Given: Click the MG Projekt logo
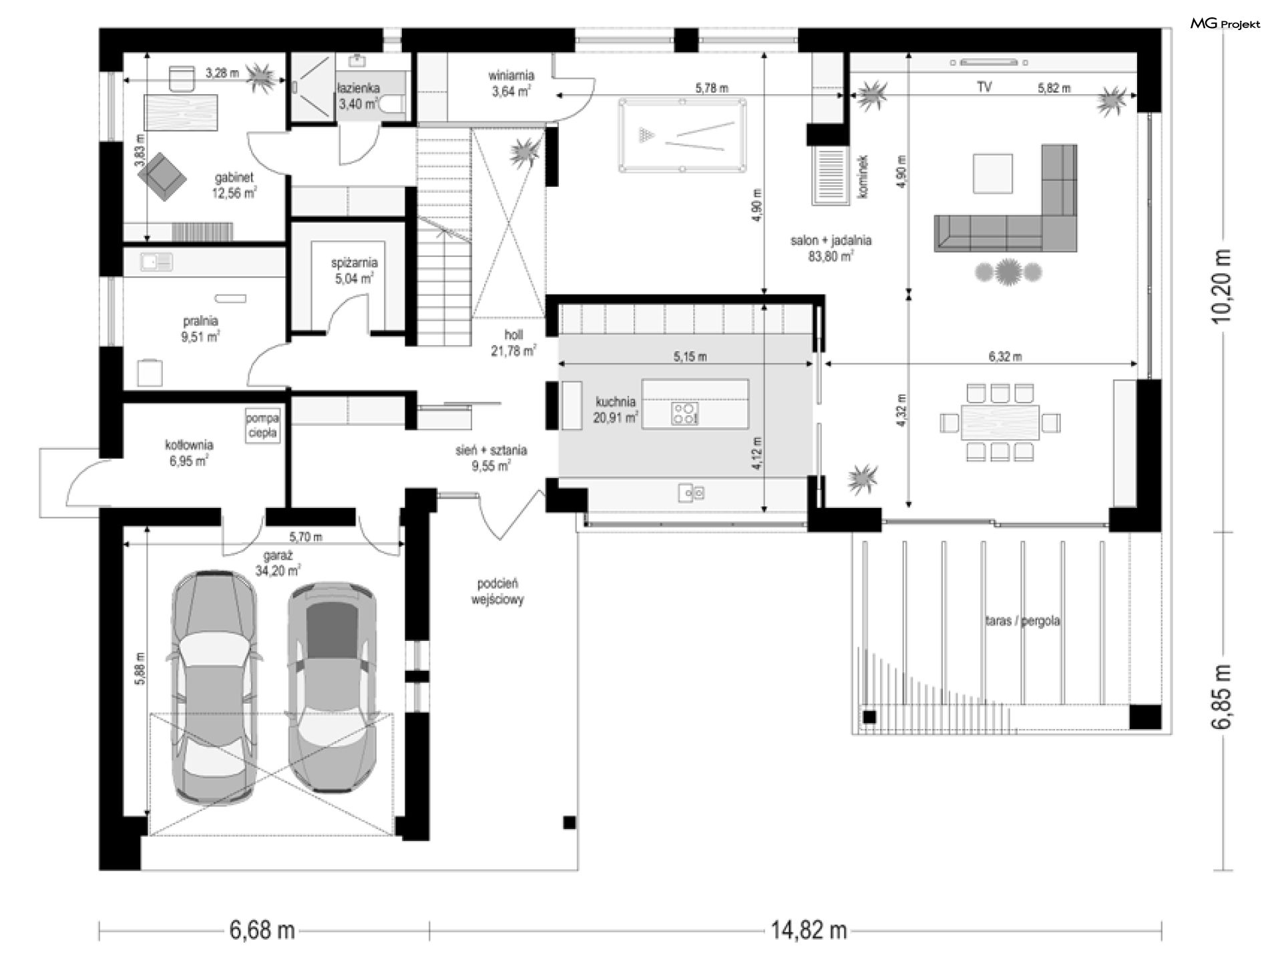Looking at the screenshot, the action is (1225, 24).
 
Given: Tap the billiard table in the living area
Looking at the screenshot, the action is (682, 136).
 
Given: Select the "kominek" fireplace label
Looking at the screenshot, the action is (863, 177).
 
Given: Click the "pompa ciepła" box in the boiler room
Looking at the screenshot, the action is (262, 425).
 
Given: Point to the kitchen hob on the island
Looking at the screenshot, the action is (684, 413).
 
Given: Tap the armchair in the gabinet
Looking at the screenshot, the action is (162, 176).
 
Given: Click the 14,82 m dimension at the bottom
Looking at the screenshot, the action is (809, 930).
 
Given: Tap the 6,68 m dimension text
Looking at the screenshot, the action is (262, 930).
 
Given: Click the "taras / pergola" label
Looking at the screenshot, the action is (1022, 621).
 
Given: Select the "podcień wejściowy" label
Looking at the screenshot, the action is (497, 591).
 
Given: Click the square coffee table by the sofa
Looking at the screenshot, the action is (992, 174).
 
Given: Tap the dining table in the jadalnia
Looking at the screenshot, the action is (1000, 422).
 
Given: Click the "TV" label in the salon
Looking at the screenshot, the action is (984, 87).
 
